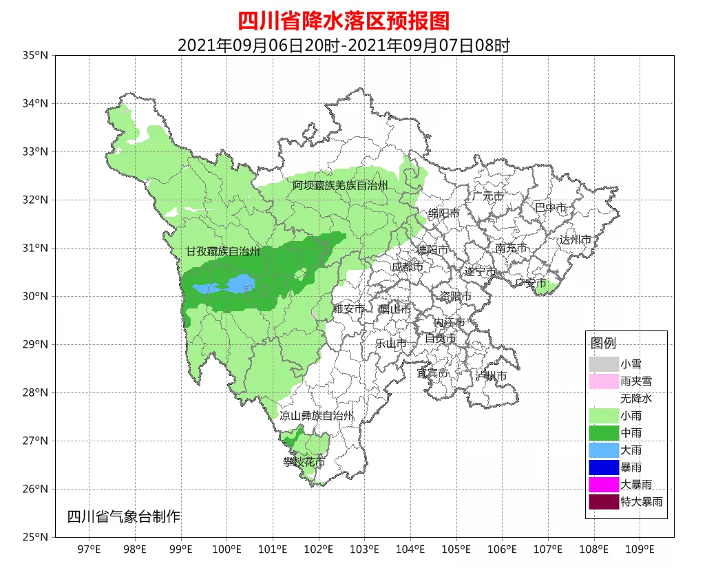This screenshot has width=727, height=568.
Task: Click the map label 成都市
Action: (x=408, y=266)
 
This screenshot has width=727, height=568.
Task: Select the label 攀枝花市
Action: (x=304, y=462)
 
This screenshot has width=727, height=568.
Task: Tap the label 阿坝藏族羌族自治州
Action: (x=339, y=186)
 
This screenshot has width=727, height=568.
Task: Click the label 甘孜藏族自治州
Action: (x=223, y=252)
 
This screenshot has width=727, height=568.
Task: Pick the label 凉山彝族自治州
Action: (x=317, y=416)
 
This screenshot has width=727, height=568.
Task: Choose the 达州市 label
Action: (x=575, y=240)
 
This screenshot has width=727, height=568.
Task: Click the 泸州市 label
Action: (x=491, y=376)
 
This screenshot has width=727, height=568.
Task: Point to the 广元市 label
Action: (x=487, y=196)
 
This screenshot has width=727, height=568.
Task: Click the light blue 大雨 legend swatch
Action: (x=603, y=450)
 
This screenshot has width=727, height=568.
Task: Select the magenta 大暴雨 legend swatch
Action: (x=603, y=484)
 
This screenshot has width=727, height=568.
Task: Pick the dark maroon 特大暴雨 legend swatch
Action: (x=603, y=502)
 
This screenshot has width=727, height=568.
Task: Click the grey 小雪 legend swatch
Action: (x=603, y=363)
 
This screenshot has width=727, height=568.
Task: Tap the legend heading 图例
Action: (x=603, y=343)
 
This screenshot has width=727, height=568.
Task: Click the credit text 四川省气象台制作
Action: (x=123, y=516)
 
